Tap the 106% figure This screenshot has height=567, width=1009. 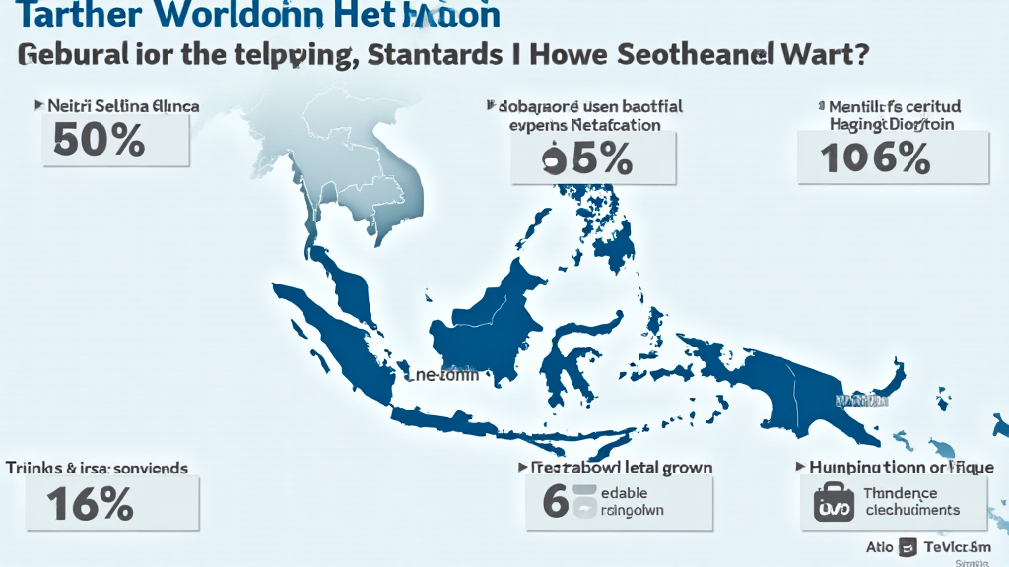876,157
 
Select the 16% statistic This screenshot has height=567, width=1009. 90,503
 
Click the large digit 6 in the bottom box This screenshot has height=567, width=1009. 556,500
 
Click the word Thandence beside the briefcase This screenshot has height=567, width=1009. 901,493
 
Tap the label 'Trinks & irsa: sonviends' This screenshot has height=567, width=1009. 97,469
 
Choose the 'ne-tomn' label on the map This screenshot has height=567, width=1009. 442,375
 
